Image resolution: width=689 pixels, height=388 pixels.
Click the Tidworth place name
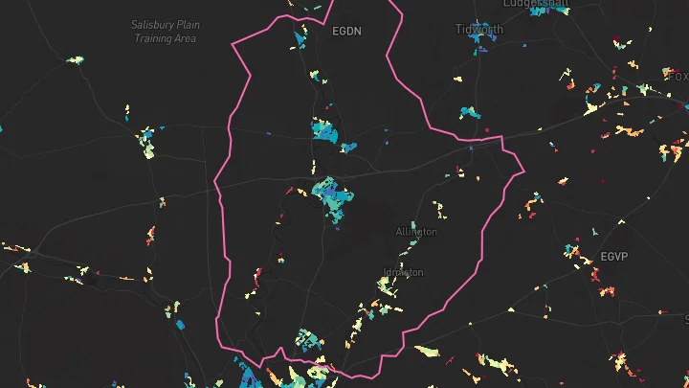tap(479, 30)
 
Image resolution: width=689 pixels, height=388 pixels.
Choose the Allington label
tap(416, 232)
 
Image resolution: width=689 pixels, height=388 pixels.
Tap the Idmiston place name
tap(403, 272)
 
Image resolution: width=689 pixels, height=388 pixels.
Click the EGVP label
tap(614, 257)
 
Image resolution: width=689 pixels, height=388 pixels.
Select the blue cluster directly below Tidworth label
tap(470, 112)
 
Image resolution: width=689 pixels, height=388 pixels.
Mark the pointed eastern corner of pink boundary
tap(523, 171)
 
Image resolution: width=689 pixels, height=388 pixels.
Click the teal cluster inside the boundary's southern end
tap(305, 339)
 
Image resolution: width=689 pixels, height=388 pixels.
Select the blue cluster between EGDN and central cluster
tap(324, 130)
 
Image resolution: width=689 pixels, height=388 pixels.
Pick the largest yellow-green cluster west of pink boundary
tap(148, 145)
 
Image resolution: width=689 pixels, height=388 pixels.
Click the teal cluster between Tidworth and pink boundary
tap(470, 112)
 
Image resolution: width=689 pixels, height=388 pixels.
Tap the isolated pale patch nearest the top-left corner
tap(74, 59)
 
